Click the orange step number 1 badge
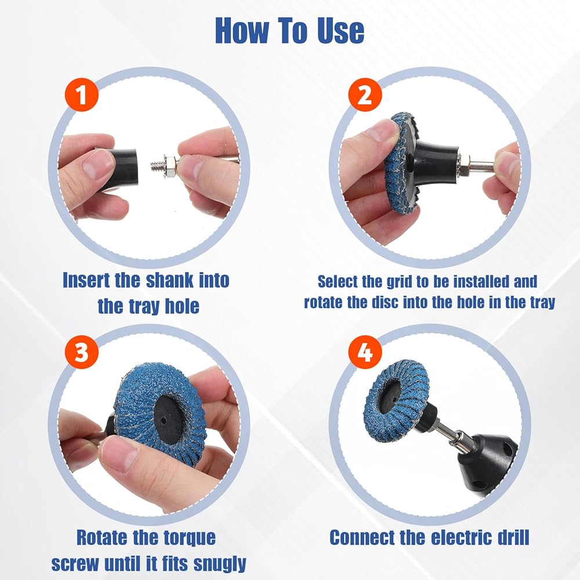pyautogui.click(x=82, y=95)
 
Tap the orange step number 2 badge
pyautogui.click(x=365, y=95)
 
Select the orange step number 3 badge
pyautogui.click(x=82, y=352)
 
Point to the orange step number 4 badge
pyautogui.click(x=365, y=353)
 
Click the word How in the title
pyautogui.click(x=242, y=31)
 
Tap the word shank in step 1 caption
pyautogui.click(x=170, y=280)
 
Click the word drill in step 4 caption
pyautogui.click(x=512, y=537)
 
